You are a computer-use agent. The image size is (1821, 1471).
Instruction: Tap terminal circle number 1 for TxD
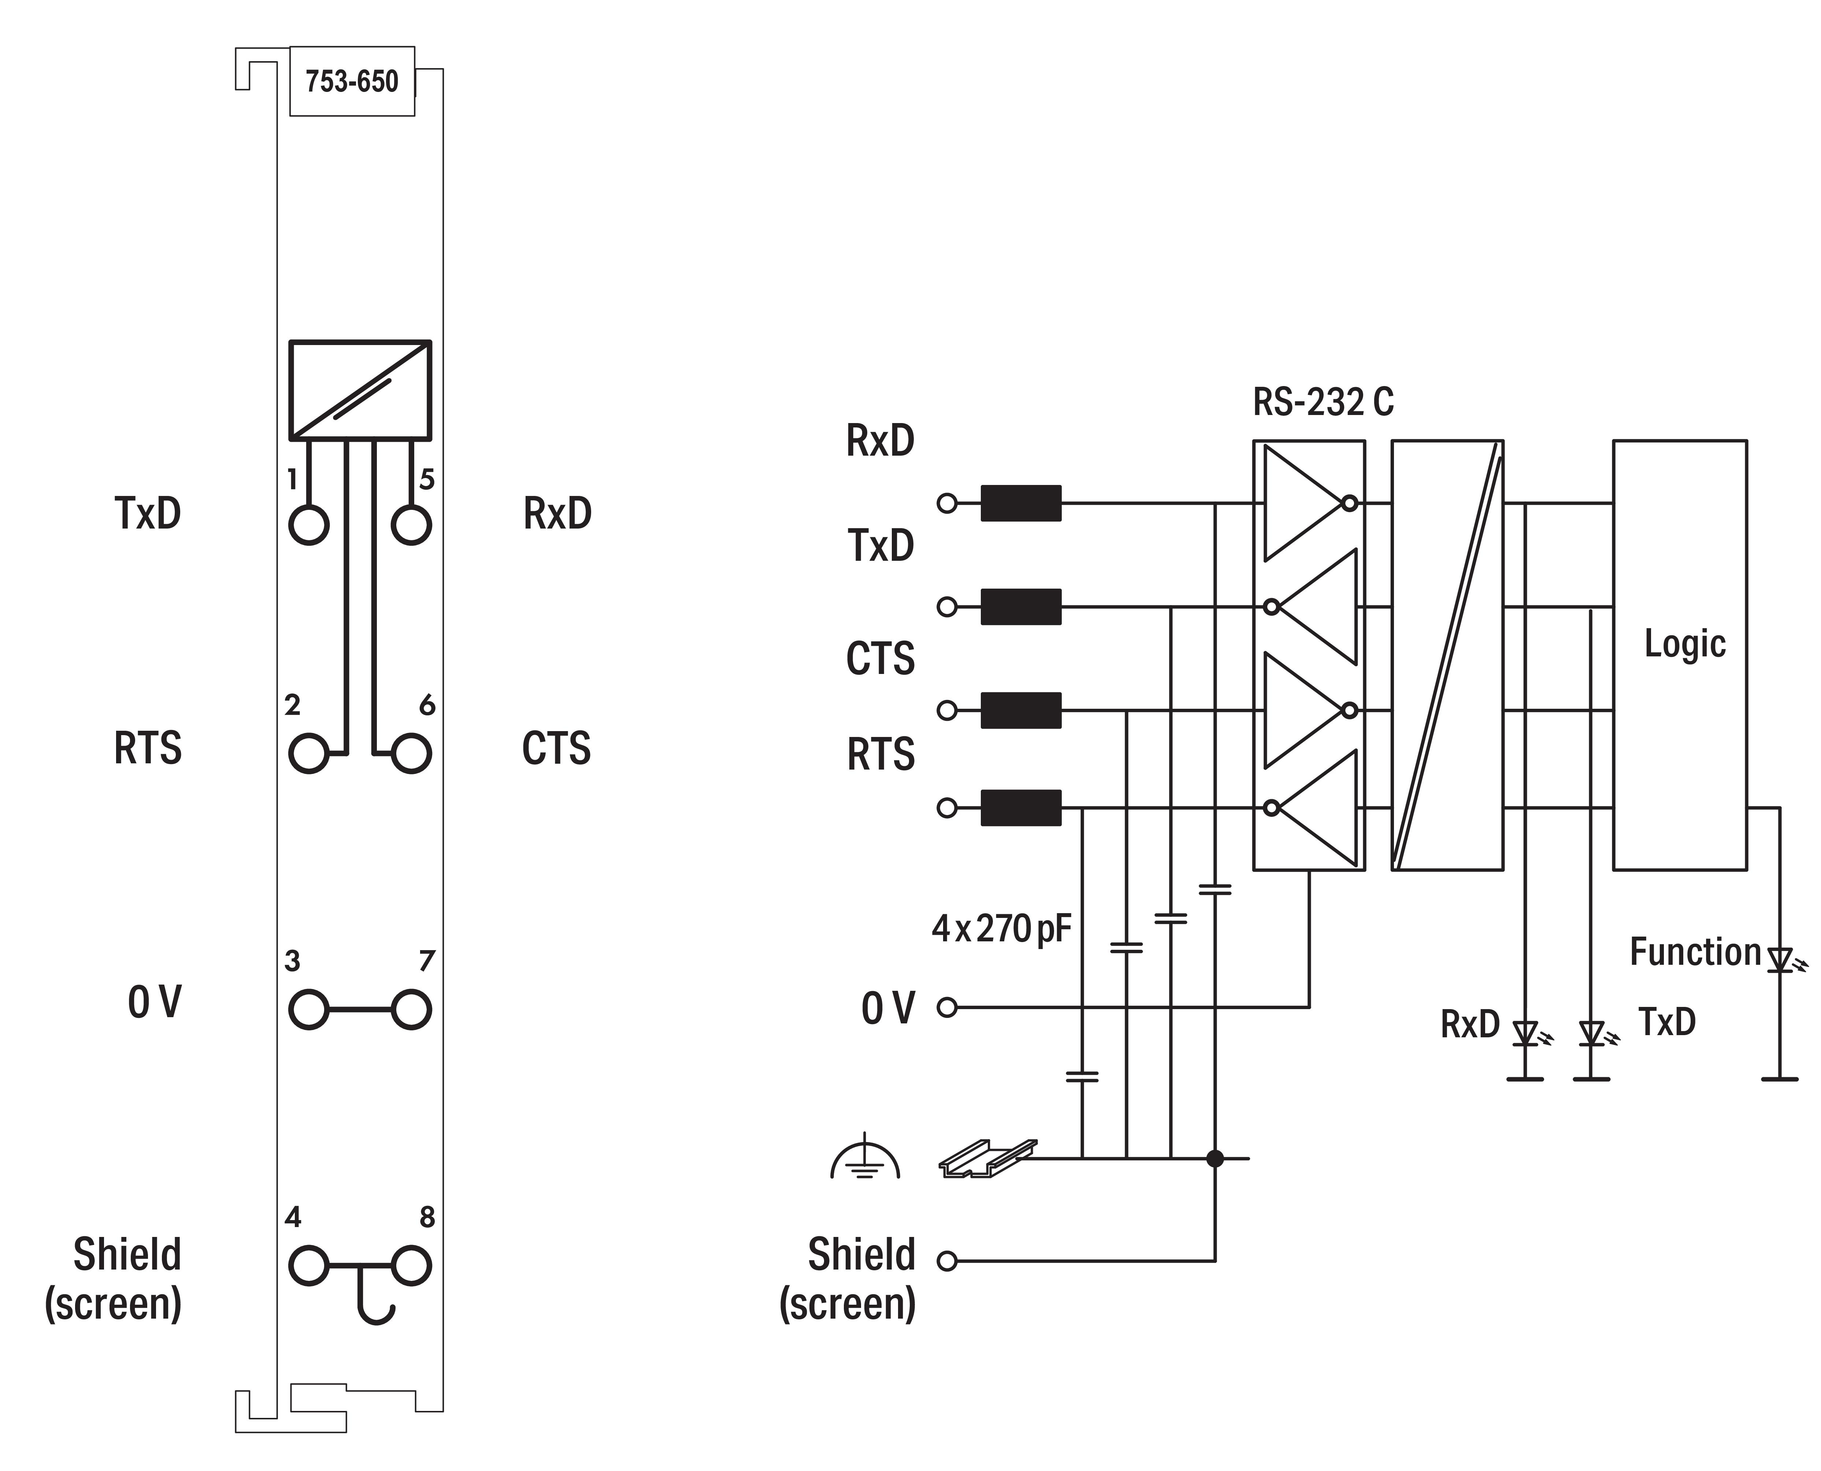click(308, 525)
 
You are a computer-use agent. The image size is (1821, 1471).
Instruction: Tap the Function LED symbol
click(1780, 960)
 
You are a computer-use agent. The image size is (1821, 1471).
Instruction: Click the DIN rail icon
click(987, 1158)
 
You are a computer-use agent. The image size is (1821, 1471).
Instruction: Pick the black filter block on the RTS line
click(1020, 808)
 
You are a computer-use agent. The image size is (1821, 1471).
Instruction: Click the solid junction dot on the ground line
click(1215, 1158)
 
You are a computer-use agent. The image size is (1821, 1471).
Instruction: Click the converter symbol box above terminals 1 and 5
click(360, 390)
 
